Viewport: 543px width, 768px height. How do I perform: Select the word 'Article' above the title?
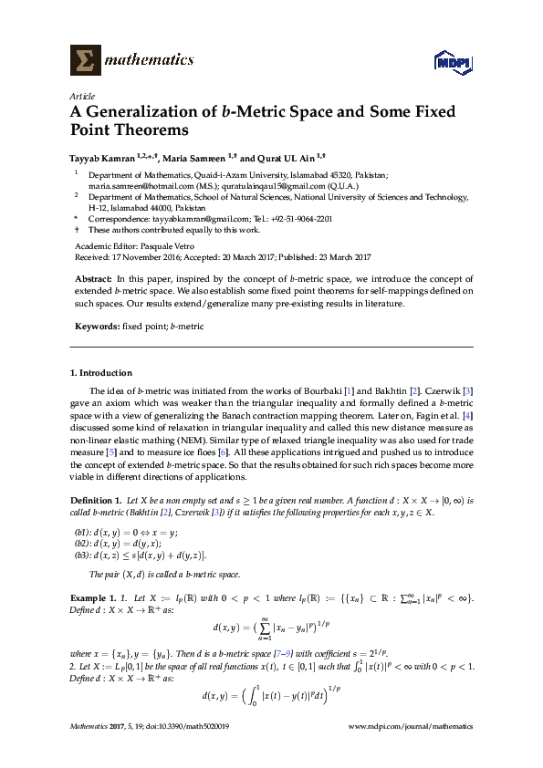coord(82,95)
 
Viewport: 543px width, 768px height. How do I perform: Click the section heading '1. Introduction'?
coord(101,373)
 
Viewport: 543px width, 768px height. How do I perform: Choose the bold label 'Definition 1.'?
coord(96,501)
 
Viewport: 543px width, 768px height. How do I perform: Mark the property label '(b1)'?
coord(81,531)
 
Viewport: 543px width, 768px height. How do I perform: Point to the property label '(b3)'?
coord(81,555)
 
